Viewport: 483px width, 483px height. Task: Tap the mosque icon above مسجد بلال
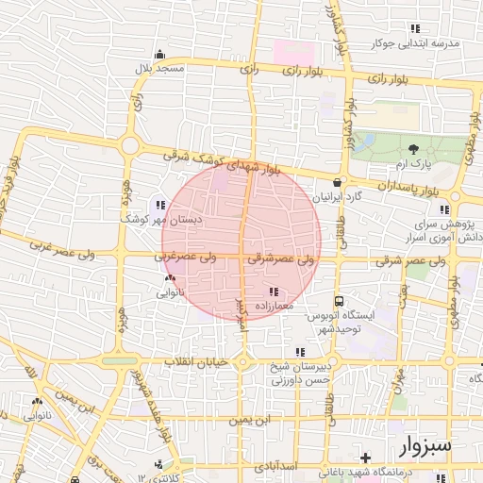(x=159, y=54)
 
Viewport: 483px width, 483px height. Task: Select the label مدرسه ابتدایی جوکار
(x=419, y=43)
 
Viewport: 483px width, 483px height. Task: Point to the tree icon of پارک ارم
(x=412, y=148)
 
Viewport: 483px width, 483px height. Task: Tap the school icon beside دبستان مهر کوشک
(x=158, y=204)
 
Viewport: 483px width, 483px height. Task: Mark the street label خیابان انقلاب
(x=197, y=362)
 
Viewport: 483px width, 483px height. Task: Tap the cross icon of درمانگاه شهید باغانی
(x=365, y=458)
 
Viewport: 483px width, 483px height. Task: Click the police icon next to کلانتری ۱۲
(x=158, y=465)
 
